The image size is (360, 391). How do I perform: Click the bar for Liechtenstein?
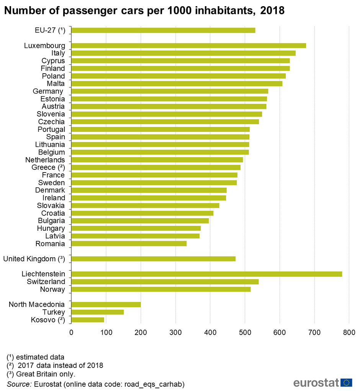click(206, 274)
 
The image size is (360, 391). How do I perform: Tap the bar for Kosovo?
click(88, 320)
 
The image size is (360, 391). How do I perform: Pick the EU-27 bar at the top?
click(163, 30)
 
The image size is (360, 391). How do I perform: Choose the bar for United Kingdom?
click(153, 259)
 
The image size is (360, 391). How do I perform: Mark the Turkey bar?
click(97, 312)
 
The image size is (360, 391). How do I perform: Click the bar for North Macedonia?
click(106, 304)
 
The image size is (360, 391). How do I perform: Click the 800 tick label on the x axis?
click(349, 332)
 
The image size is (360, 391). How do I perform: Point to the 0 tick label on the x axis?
click(71, 332)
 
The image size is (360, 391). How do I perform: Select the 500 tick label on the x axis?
click(245, 332)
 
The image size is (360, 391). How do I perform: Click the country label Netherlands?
click(45, 160)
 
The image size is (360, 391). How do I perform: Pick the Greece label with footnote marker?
click(48, 168)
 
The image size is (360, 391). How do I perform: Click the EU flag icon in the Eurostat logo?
click(347, 383)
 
